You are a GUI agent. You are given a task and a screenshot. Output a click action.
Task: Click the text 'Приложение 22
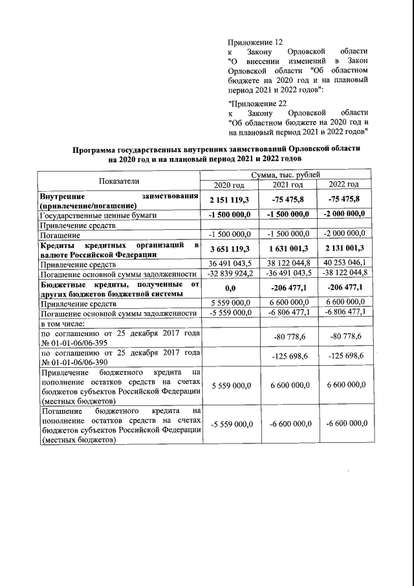coord(257,102)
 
